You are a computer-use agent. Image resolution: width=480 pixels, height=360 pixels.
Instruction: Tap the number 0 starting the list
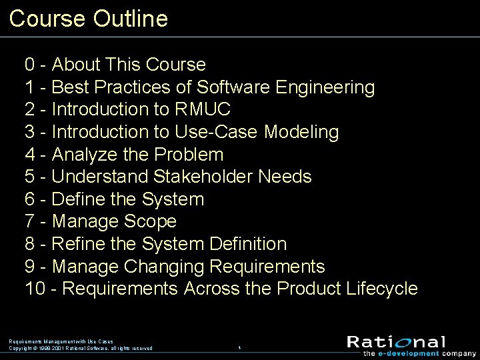30,65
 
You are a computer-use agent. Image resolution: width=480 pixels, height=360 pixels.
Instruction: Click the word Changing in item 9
163,267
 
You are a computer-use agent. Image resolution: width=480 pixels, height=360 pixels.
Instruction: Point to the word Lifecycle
382,289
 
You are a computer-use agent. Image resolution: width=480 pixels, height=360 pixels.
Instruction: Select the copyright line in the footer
81,348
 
